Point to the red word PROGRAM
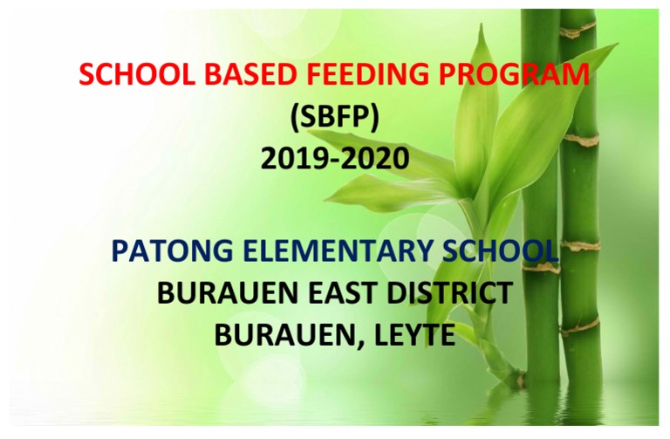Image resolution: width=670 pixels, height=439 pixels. coord(514,74)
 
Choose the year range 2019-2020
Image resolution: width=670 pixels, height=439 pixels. coord(334,158)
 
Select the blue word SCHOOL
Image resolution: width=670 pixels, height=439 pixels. coord(499,251)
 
